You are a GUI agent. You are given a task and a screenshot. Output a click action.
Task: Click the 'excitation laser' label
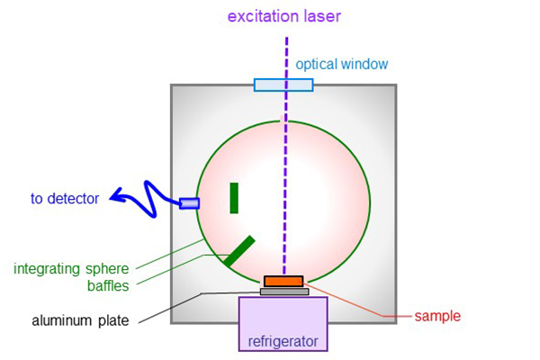click(284, 16)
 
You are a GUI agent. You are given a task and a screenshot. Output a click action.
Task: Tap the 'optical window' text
click(342, 64)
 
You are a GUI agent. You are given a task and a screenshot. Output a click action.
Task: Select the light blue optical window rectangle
click(283, 85)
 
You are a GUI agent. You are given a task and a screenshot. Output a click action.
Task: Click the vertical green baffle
click(234, 198)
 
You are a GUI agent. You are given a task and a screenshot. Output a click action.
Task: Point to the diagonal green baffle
click(239, 251)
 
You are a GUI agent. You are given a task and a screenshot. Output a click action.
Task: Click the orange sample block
click(283, 282)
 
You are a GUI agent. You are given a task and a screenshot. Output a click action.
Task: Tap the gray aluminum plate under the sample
click(284, 292)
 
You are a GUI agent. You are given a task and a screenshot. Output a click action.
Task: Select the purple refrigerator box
click(283, 324)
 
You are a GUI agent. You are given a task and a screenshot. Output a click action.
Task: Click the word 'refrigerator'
click(283, 341)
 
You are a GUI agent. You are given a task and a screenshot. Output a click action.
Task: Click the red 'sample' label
click(437, 316)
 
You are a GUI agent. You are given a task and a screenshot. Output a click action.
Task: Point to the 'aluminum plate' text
click(80, 320)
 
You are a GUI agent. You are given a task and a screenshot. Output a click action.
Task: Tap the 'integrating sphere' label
click(71, 269)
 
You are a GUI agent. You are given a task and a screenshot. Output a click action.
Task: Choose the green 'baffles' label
click(108, 285)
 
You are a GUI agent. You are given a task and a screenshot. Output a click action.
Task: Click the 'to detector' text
click(65, 198)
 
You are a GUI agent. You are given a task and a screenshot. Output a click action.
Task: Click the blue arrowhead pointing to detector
click(117, 195)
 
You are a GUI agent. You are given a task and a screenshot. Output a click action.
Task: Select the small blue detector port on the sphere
click(189, 203)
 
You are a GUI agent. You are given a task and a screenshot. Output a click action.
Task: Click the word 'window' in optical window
click(364, 64)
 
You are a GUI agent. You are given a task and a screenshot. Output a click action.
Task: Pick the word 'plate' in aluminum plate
click(113, 320)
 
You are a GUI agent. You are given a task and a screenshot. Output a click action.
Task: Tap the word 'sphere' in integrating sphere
click(107, 269)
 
